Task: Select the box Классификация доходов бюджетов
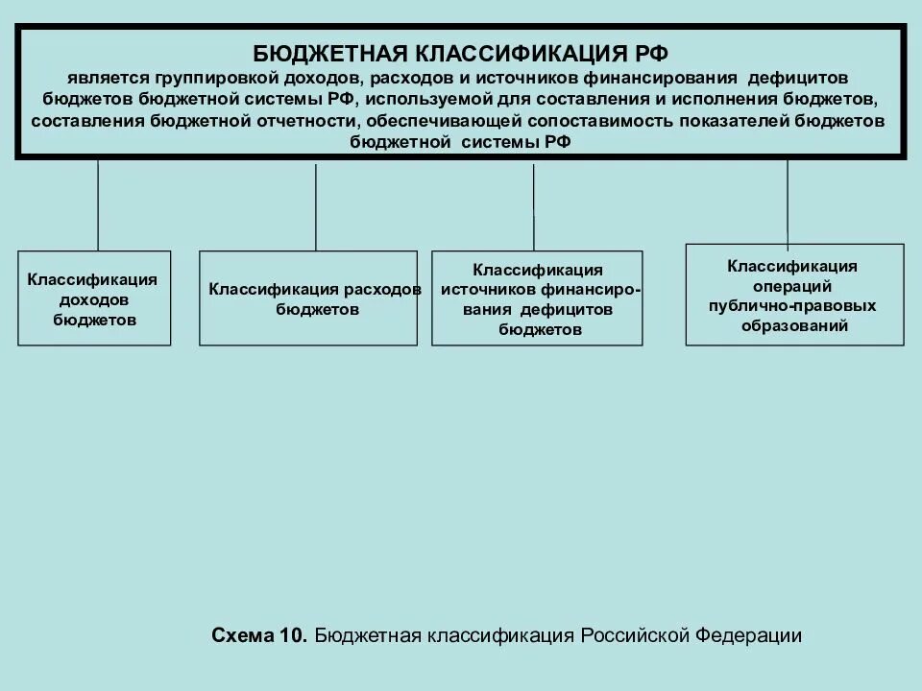[x=94, y=298]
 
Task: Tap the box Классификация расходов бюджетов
[x=308, y=298]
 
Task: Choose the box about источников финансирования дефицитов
[x=537, y=298]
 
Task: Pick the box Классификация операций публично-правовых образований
[x=794, y=295]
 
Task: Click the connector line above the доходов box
[x=98, y=205]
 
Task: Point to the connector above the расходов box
[x=316, y=207]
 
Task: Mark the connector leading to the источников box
[x=534, y=207]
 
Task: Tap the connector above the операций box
[x=788, y=203]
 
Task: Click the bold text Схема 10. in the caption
[x=259, y=635]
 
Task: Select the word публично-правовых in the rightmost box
[x=793, y=305]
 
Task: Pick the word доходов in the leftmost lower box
[x=93, y=299]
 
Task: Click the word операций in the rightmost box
[x=793, y=286]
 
